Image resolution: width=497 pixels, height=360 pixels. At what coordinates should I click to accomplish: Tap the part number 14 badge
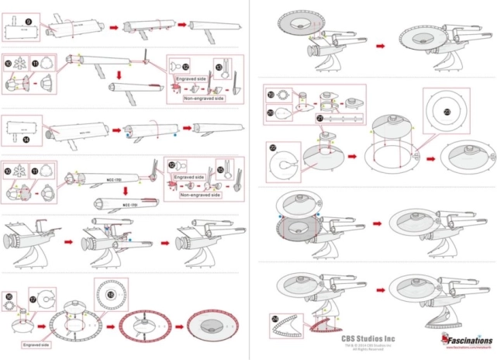click(26, 140)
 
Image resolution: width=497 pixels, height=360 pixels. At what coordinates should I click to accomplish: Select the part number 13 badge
click(218, 67)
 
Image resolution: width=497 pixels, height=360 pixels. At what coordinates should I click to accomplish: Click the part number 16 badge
click(9, 296)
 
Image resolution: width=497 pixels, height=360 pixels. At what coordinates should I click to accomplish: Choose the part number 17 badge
click(33, 298)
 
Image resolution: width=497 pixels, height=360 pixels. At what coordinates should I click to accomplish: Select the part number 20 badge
click(270, 112)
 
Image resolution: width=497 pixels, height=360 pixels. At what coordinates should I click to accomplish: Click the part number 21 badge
click(319, 117)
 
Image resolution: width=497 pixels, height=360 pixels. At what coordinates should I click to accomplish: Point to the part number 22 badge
click(272, 148)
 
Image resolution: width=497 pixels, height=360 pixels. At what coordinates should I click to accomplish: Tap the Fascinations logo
click(464, 340)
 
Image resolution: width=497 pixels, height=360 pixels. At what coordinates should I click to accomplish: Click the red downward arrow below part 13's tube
click(119, 74)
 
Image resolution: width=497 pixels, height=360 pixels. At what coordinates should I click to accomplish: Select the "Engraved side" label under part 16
click(36, 342)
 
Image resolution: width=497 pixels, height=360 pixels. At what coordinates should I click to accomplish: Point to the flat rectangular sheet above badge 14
click(26, 126)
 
